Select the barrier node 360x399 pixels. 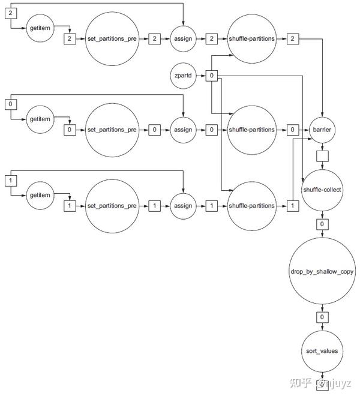pyautogui.click(x=323, y=130)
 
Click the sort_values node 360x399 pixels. pyautogui.click(x=323, y=350)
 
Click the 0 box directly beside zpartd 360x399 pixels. pyautogui.click(x=212, y=76)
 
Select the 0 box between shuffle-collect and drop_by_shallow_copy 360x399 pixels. pyautogui.click(x=323, y=224)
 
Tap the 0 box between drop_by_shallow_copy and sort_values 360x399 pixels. pyautogui.click(x=323, y=317)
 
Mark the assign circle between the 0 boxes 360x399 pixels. pyautogui.click(x=182, y=130)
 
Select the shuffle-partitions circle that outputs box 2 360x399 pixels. pyautogui.click(x=252, y=38)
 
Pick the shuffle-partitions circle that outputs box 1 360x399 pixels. pyautogui.click(x=252, y=206)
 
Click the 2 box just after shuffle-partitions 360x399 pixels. pyautogui.click(x=292, y=38)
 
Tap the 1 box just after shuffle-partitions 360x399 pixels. pyautogui.click(x=292, y=206)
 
